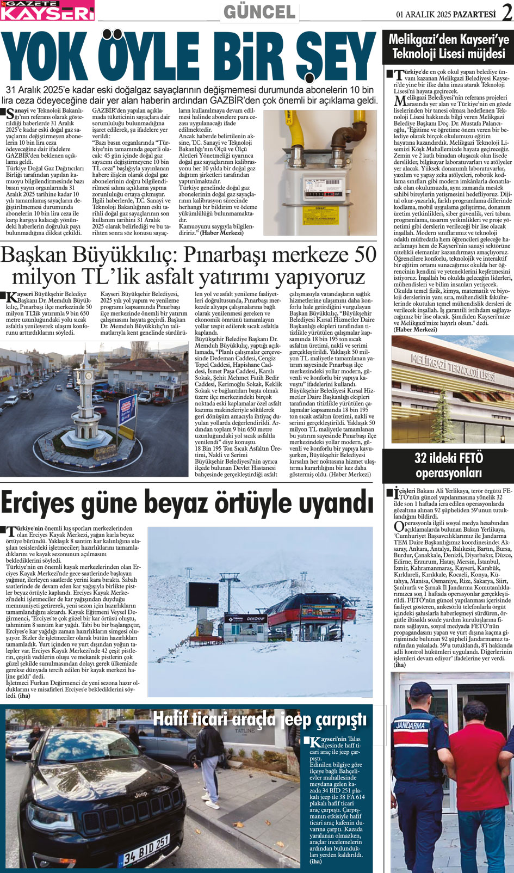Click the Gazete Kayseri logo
click(47, 10)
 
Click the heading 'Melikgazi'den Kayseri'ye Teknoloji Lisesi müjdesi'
click(449, 47)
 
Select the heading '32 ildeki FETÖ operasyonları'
click(448, 465)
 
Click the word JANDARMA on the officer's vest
click(412, 726)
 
